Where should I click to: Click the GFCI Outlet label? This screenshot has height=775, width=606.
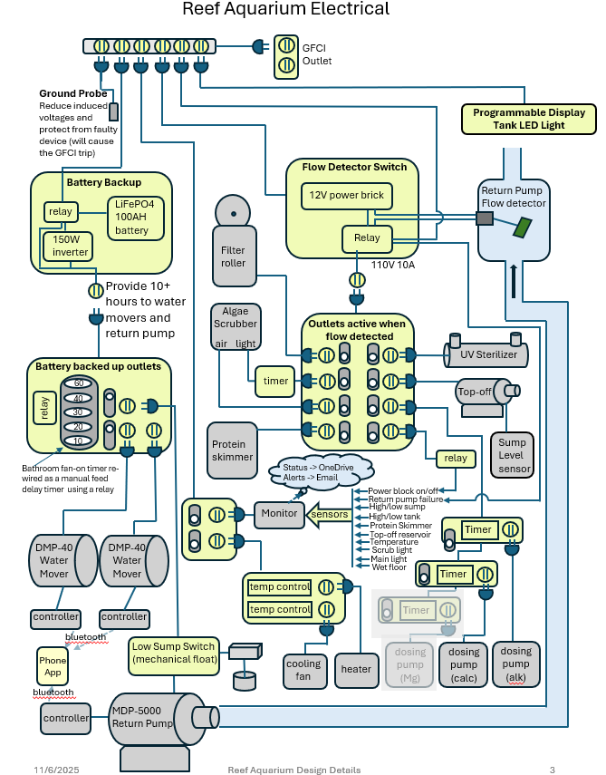[x=316, y=54]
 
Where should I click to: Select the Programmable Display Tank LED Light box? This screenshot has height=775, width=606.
[x=528, y=119]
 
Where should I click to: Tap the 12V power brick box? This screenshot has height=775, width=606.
[x=347, y=196]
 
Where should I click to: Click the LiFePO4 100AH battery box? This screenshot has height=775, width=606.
[x=136, y=218]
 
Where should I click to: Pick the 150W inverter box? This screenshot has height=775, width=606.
[x=68, y=246]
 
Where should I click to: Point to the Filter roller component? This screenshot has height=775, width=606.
[x=234, y=241]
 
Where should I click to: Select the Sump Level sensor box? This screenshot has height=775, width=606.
[x=513, y=455]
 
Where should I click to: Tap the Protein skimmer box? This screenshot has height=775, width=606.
[x=232, y=450]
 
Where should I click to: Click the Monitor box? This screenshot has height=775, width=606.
[x=279, y=515]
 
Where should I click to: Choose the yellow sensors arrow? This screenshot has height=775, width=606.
[x=328, y=515]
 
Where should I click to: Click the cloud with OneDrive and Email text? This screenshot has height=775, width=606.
[x=321, y=472]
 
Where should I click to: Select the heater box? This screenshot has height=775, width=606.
[x=356, y=670]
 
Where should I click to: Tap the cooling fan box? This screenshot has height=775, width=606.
[x=304, y=671]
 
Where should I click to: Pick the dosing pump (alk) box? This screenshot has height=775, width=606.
[x=516, y=664]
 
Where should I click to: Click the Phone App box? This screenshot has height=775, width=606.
[x=53, y=666]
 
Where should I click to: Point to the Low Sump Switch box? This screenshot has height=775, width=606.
[x=174, y=656]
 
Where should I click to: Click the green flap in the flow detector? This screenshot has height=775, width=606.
[x=522, y=228]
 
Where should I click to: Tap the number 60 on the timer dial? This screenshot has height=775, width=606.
[x=79, y=383]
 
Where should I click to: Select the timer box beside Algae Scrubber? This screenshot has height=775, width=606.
[x=275, y=381]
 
